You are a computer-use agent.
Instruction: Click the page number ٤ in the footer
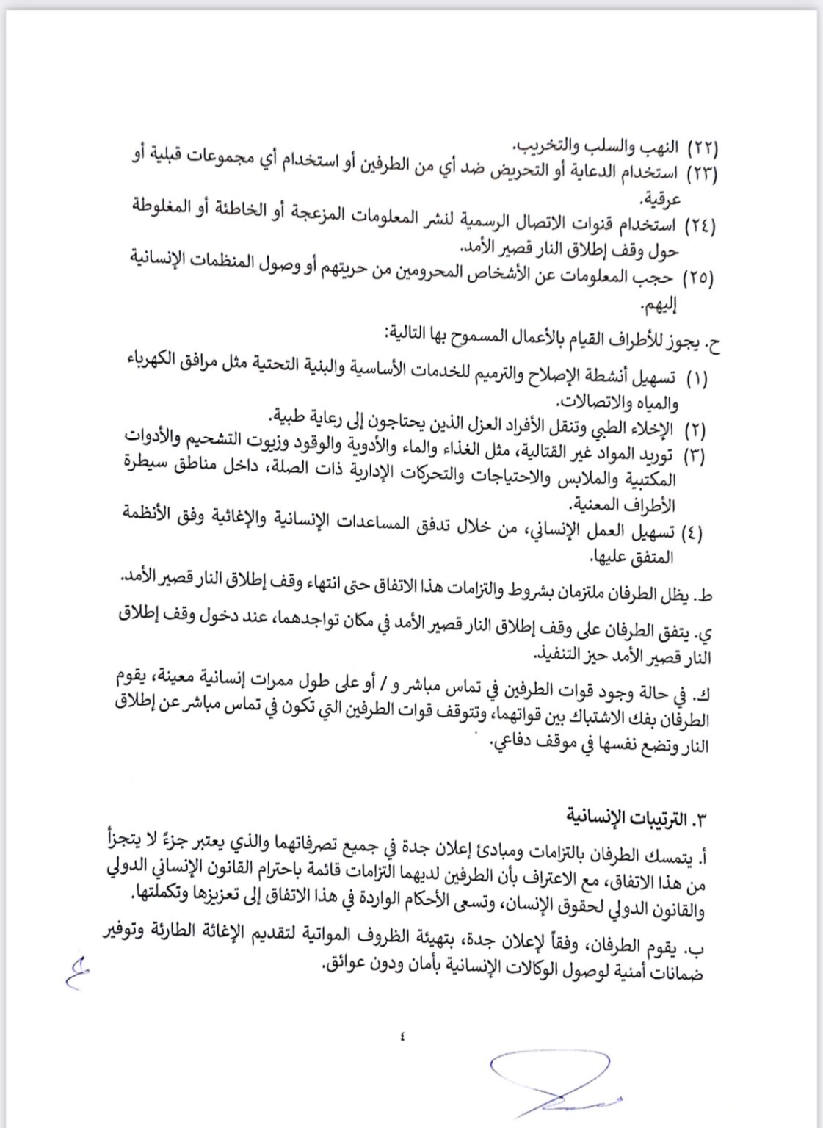pos(403,1036)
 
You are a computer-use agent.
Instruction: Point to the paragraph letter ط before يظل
pos(706,596)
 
